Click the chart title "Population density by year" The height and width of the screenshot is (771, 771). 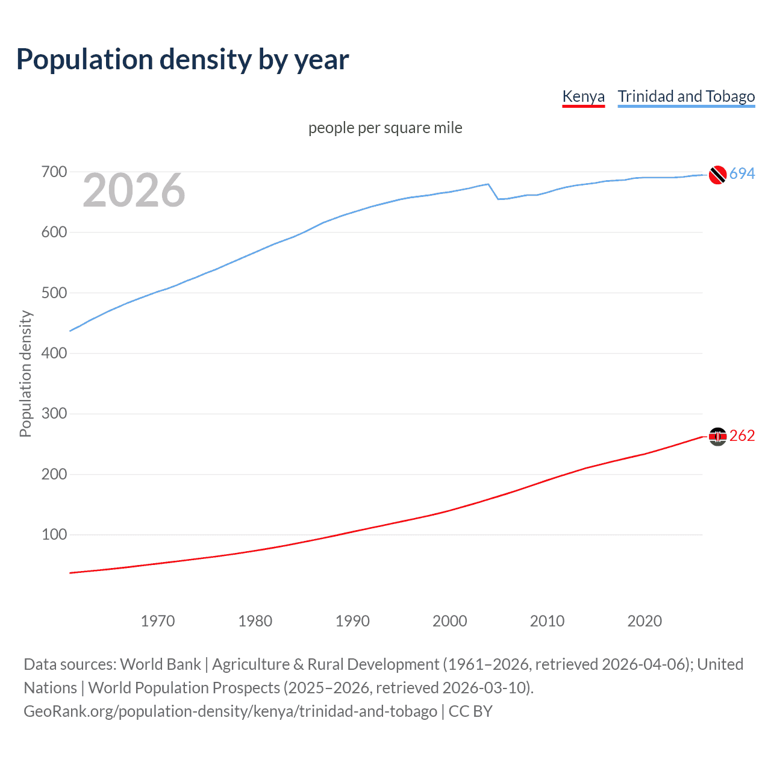(183, 59)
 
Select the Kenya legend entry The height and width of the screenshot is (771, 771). (583, 96)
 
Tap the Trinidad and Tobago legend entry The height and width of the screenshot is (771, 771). (686, 96)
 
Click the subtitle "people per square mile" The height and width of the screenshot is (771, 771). (385, 128)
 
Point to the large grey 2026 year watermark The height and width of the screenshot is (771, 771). (134, 190)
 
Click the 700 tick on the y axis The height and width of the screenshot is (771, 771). (54, 172)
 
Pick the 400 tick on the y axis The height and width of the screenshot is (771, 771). (54, 354)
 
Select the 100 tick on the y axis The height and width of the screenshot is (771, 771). (54, 535)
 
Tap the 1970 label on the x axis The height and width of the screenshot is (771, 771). (158, 621)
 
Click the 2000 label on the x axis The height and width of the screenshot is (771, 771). (450, 621)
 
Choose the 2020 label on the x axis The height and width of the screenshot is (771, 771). (645, 621)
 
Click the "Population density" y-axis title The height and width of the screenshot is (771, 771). (25, 373)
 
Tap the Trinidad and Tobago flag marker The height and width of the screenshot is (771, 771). (717, 174)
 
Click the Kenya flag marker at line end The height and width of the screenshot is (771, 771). (717, 436)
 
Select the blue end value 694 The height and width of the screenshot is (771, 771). (742, 174)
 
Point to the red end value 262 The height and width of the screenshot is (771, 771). (742, 436)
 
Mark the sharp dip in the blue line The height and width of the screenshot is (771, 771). (498, 198)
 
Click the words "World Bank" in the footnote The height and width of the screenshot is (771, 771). (160, 664)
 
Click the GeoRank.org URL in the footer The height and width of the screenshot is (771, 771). (230, 711)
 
